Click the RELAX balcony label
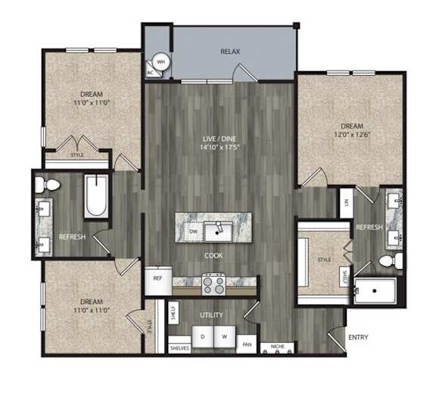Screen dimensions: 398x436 pos(230,52)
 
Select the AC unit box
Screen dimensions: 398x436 pos(150,73)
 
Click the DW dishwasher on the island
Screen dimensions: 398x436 pos(194,230)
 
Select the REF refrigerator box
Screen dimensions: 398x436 pos(158,278)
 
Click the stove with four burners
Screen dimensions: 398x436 pos(214,285)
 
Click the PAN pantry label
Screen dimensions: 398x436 pos(247,344)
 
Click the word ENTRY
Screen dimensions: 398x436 pos(357,337)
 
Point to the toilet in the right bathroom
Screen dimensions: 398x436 pos(388,262)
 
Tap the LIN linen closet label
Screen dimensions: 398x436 pos(346,203)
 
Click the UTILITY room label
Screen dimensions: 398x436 pos(210,313)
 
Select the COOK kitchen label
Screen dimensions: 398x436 pos(213,255)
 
